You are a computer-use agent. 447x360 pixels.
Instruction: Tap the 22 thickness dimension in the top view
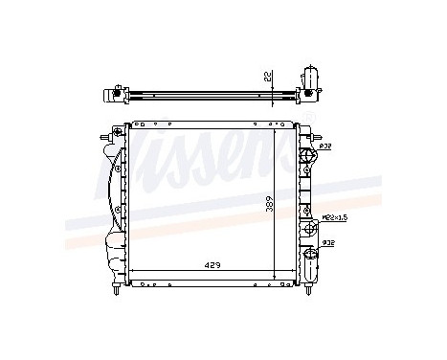272,76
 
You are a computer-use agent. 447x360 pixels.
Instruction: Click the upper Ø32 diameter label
325,146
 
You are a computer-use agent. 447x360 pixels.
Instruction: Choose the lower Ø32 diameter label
326,243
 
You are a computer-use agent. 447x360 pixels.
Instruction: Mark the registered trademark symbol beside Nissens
308,118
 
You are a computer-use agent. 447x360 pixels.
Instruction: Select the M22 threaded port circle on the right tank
310,227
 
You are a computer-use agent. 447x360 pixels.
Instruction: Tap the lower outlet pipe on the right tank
311,257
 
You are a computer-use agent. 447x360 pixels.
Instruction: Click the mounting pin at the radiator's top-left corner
117,128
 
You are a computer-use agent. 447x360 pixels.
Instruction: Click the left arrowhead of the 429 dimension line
132,272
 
